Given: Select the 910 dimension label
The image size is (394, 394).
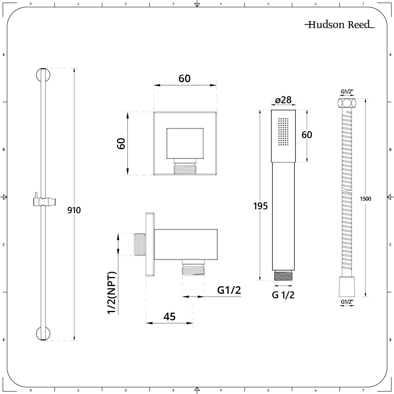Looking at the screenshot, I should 74,210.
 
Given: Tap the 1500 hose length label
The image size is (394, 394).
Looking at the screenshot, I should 366,199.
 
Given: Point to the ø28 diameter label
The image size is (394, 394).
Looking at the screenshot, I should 283,100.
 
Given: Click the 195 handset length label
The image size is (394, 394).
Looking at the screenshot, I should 260,206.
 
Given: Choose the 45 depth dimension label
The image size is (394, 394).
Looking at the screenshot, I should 169,317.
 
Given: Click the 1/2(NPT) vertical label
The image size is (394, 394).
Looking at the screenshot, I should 112,293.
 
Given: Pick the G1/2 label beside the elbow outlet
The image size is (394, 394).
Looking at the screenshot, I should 229,290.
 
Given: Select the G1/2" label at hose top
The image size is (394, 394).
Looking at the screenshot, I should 347,91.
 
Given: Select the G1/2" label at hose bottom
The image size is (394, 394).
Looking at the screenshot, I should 347,302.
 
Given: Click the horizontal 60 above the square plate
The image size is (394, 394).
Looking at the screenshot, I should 185,79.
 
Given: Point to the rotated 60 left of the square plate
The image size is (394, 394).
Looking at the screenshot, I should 121,144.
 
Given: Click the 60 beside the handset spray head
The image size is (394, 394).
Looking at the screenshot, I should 307,135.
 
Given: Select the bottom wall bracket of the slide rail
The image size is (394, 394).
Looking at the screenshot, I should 43,334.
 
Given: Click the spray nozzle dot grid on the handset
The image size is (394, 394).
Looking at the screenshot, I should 283,132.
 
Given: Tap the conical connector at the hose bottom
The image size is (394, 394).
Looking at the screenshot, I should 346,286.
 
